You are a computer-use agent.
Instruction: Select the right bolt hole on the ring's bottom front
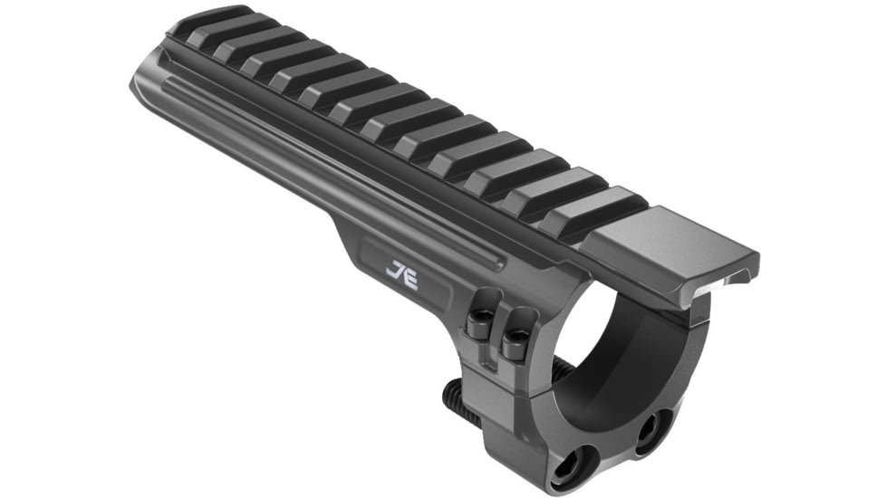653,424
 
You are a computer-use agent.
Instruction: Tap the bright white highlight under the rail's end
724,282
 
